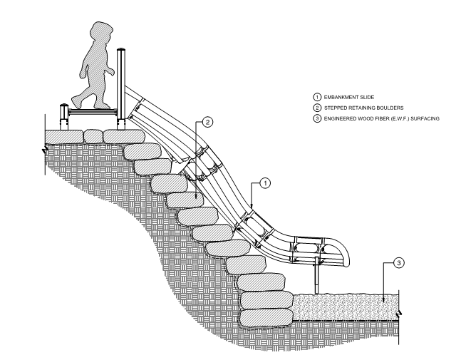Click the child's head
point(97,36)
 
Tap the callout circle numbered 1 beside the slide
point(265,183)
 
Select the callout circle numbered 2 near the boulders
point(207,122)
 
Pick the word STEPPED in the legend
point(320,106)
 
